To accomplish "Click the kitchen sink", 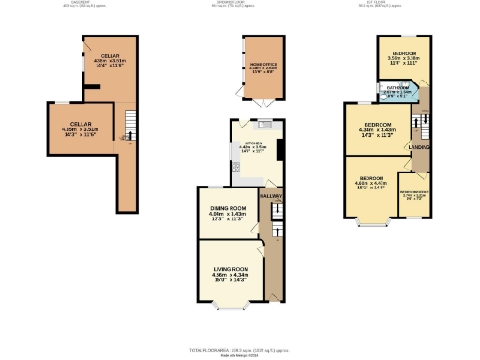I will (x=266, y=125).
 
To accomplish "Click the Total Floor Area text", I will (x=240, y=349).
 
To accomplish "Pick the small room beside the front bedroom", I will (x=412, y=195).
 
